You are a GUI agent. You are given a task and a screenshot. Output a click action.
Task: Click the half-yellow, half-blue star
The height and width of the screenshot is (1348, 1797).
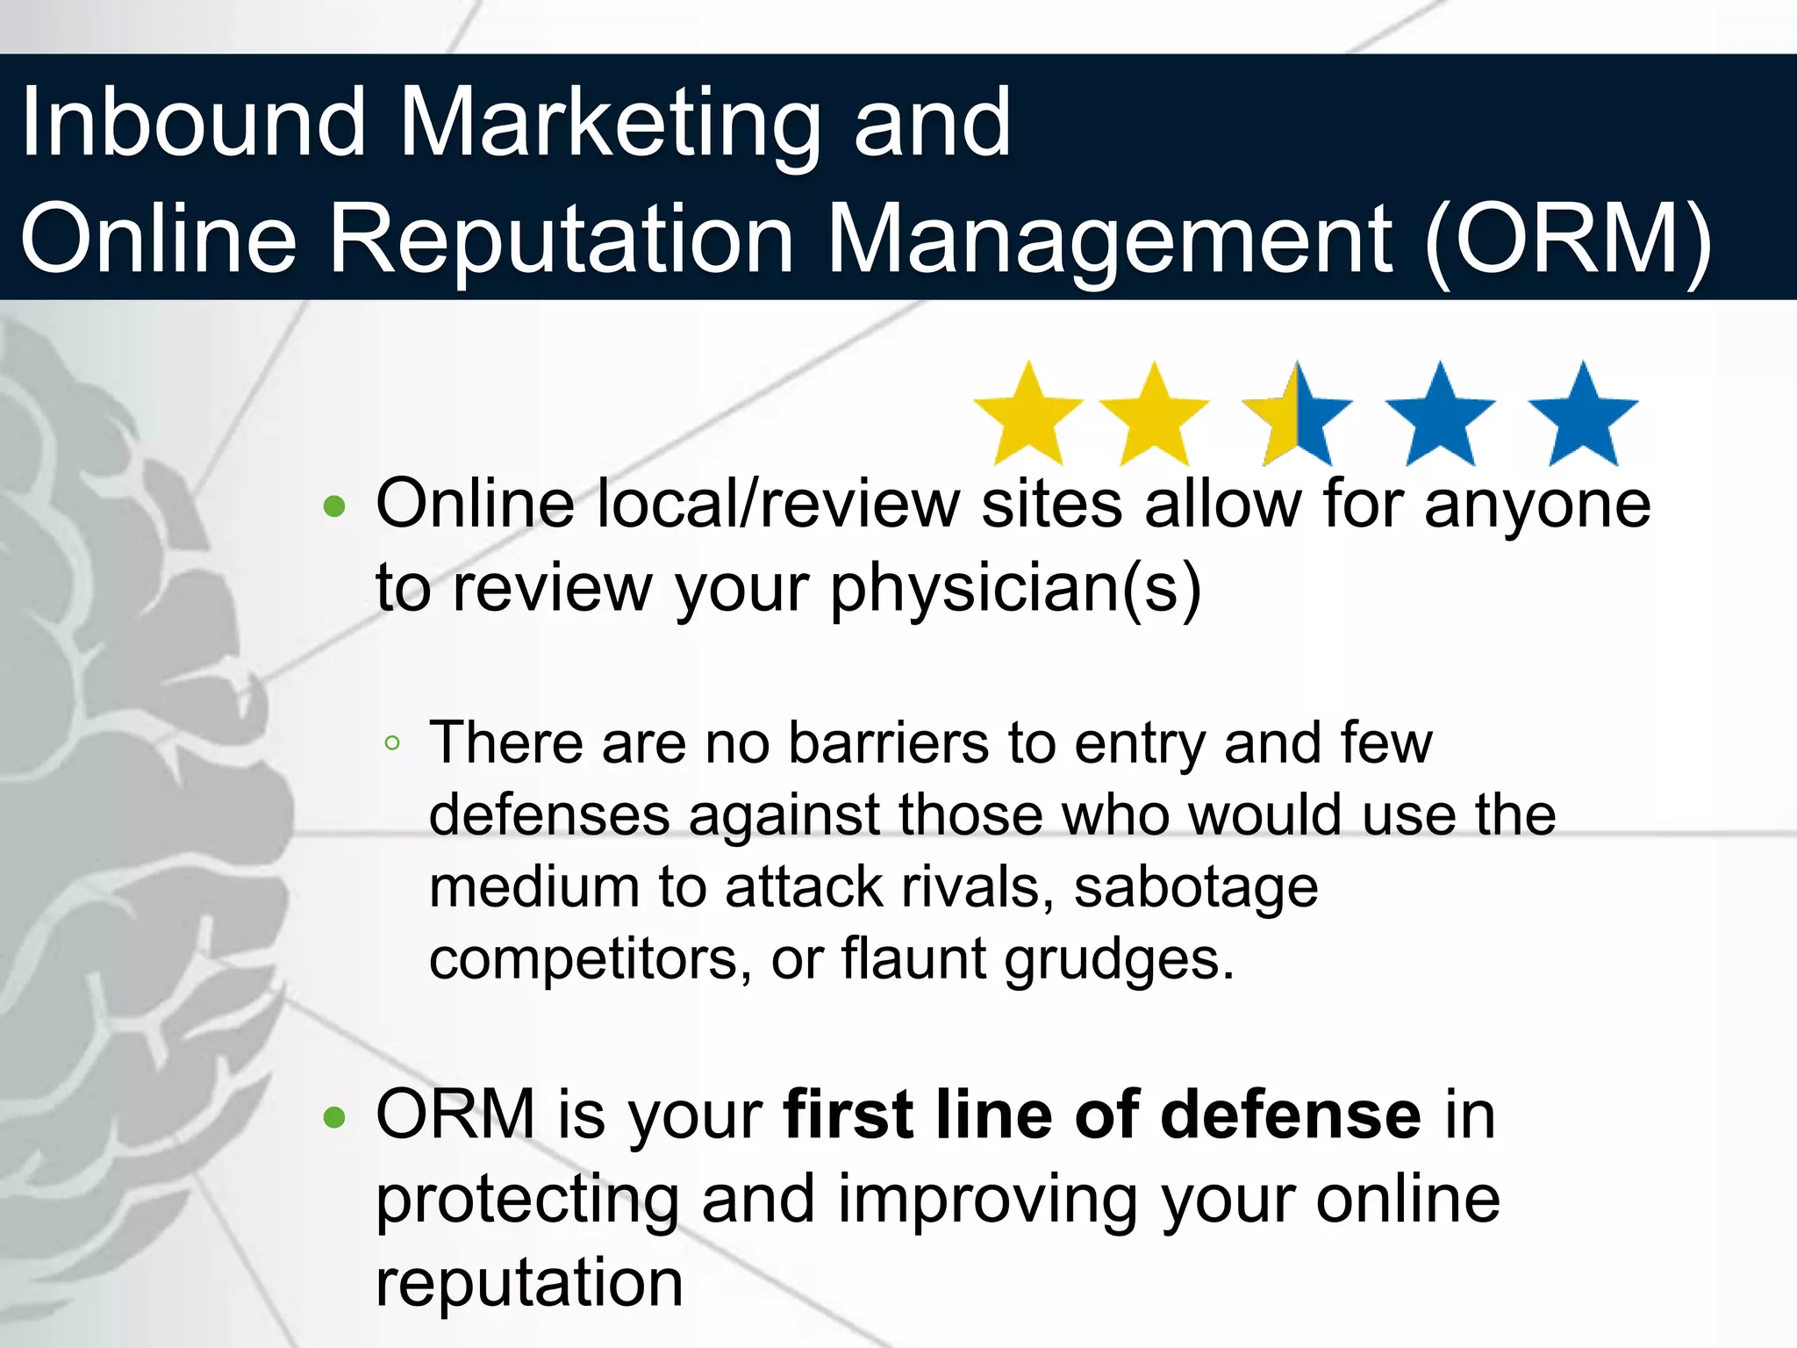(1297, 416)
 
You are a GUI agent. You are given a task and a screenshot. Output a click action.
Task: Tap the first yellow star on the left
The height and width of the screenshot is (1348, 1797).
(1028, 416)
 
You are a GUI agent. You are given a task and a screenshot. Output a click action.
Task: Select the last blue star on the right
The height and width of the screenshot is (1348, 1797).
(1583, 416)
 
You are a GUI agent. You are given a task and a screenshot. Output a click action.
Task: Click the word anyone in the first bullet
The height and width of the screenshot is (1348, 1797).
(1537, 505)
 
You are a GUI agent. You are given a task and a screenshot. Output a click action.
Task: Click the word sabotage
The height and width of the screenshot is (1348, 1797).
(1196, 887)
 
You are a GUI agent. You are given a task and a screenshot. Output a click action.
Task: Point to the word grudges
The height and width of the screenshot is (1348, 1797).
(1119, 960)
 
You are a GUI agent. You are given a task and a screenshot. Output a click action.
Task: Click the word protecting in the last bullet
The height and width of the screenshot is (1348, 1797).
(527, 1201)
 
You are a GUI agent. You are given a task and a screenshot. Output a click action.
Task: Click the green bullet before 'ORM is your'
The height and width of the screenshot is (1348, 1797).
(334, 1117)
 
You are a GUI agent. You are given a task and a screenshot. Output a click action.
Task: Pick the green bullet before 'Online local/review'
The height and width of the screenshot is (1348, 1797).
(334, 506)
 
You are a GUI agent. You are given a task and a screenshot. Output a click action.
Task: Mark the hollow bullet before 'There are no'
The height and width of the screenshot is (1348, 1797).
(392, 744)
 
